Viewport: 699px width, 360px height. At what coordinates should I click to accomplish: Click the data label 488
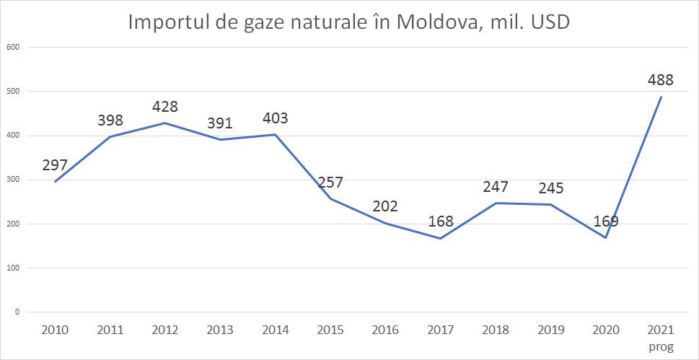pos(660,79)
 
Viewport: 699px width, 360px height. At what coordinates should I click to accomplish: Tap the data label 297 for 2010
pos(55,164)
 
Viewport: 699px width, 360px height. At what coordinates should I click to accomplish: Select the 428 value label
pos(165,107)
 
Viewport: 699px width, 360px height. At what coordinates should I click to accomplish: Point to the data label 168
pos(440,221)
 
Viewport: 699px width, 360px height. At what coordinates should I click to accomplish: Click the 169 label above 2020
pos(605,221)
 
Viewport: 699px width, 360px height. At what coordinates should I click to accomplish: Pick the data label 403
pos(275,118)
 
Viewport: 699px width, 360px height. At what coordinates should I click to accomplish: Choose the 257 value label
pos(330,182)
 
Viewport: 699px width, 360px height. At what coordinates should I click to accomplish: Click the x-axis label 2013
pos(220,330)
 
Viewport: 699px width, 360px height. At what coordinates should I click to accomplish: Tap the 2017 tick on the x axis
pos(440,330)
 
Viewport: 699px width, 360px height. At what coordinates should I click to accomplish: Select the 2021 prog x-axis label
pos(661,338)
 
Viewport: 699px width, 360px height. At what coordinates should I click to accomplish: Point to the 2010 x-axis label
pos(55,330)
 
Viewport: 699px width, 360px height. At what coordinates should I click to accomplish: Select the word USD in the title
pos(550,22)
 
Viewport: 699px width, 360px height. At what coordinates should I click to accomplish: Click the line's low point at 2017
pos(440,238)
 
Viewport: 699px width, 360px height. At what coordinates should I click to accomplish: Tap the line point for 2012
pos(165,123)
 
